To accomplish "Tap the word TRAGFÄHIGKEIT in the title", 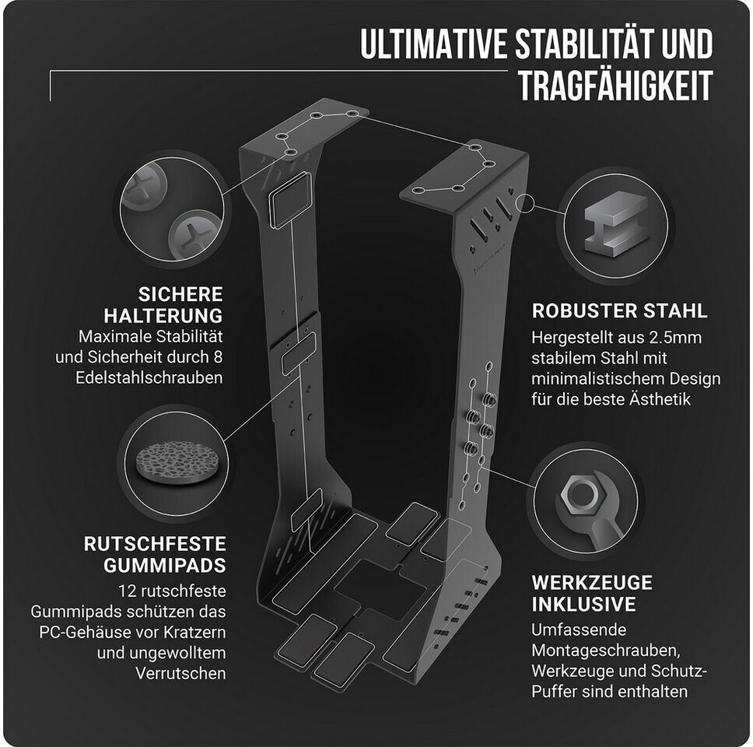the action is (615, 87).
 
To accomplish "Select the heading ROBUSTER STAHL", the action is (619, 311).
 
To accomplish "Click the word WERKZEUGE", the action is (592, 583).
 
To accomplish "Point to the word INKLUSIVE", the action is (584, 605).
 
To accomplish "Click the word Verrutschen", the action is (181, 672).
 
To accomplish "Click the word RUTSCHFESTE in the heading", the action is (155, 543).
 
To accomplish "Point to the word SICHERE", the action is (180, 295).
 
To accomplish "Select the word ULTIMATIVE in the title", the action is (433, 45).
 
